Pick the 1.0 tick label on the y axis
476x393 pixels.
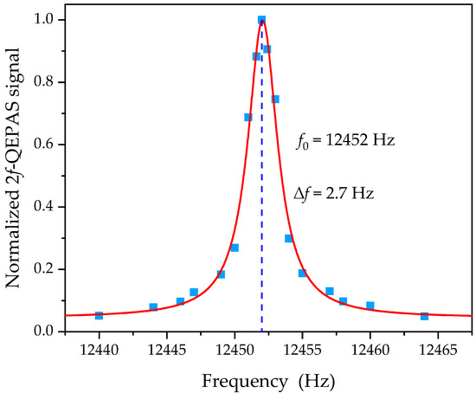49,19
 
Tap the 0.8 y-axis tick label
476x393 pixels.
49,82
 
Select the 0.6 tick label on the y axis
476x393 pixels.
49,145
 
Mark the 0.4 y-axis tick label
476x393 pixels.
49,207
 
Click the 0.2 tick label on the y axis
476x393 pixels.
49,269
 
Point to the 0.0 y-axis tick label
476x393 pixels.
49,332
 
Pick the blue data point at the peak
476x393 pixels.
261,20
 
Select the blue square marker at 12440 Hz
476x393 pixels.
99,315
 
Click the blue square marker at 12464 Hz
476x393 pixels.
424,316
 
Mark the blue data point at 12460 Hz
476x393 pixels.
370,306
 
